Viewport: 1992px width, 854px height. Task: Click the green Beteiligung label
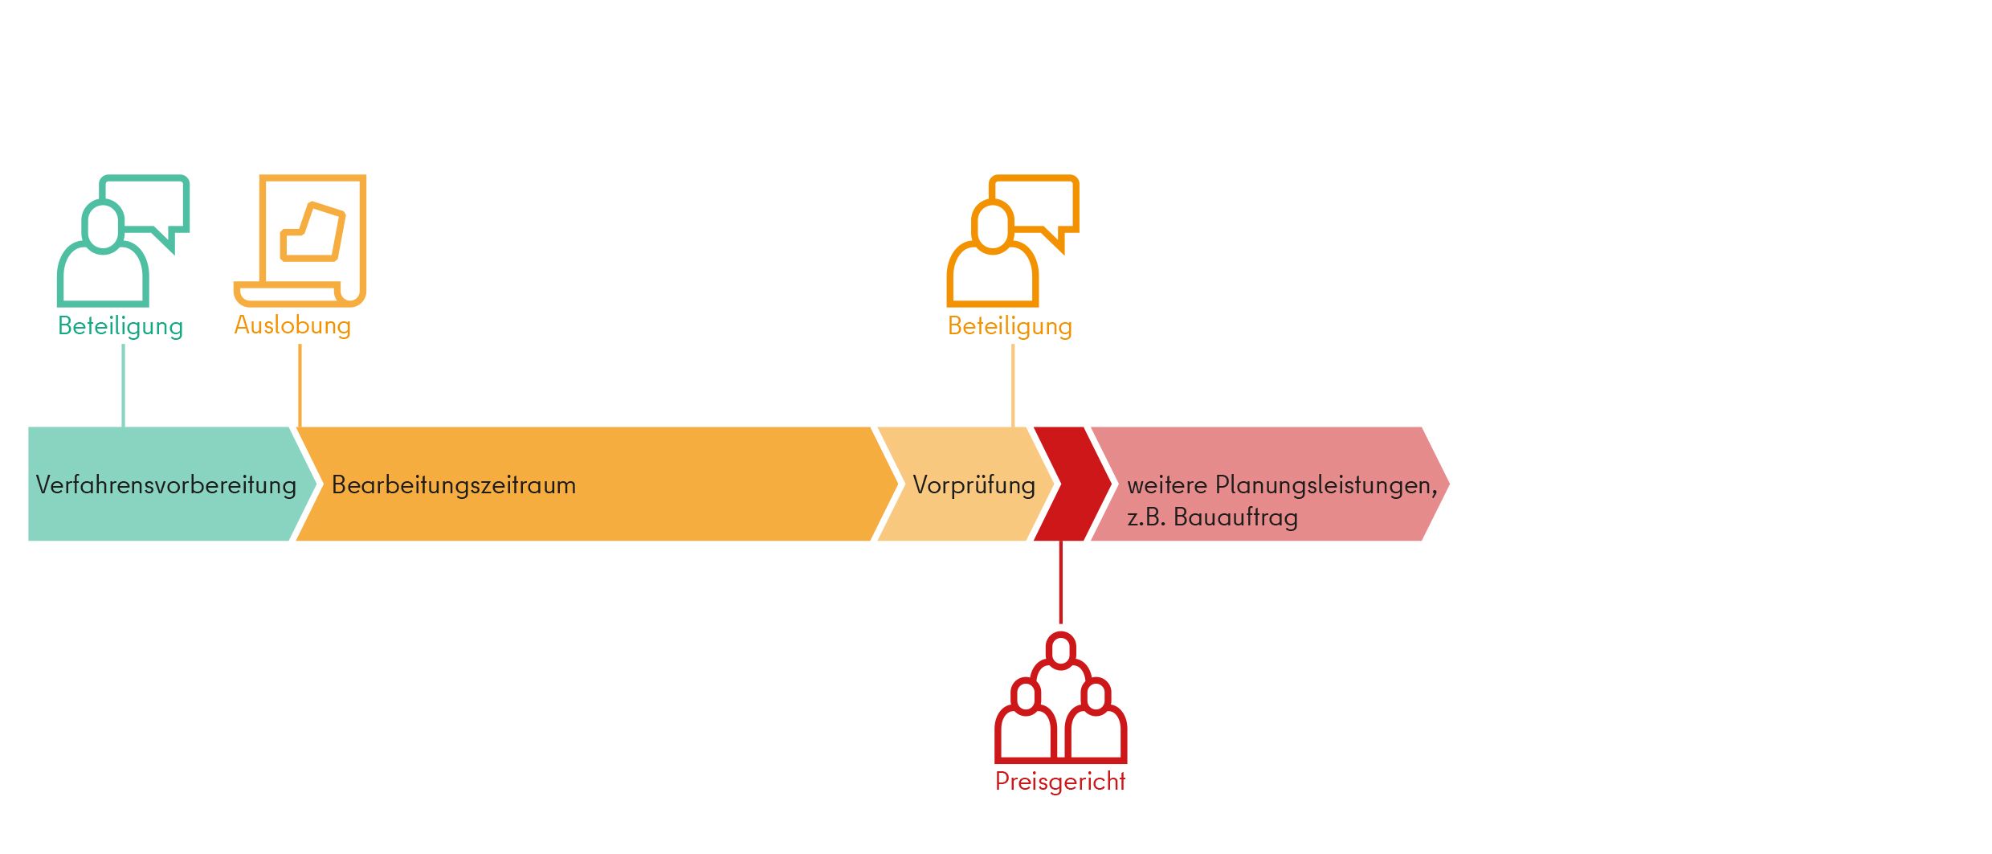pos(120,326)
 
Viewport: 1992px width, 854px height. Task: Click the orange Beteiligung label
pos(1010,326)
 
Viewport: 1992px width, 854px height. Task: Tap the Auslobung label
pos(292,325)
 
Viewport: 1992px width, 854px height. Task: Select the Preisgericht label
pos(1060,782)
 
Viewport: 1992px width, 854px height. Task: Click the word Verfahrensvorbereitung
pos(166,485)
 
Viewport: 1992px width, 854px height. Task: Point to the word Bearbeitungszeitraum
pos(454,485)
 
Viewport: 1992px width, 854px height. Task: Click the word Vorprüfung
pos(974,485)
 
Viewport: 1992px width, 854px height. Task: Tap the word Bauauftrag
pos(1235,517)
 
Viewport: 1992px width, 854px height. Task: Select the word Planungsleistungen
pos(1326,485)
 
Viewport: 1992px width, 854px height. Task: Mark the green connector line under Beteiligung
pos(123,386)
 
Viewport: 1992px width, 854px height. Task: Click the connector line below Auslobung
pos(300,386)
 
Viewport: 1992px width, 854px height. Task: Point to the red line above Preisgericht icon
pos(1061,582)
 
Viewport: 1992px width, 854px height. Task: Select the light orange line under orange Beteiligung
pos(1013,386)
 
